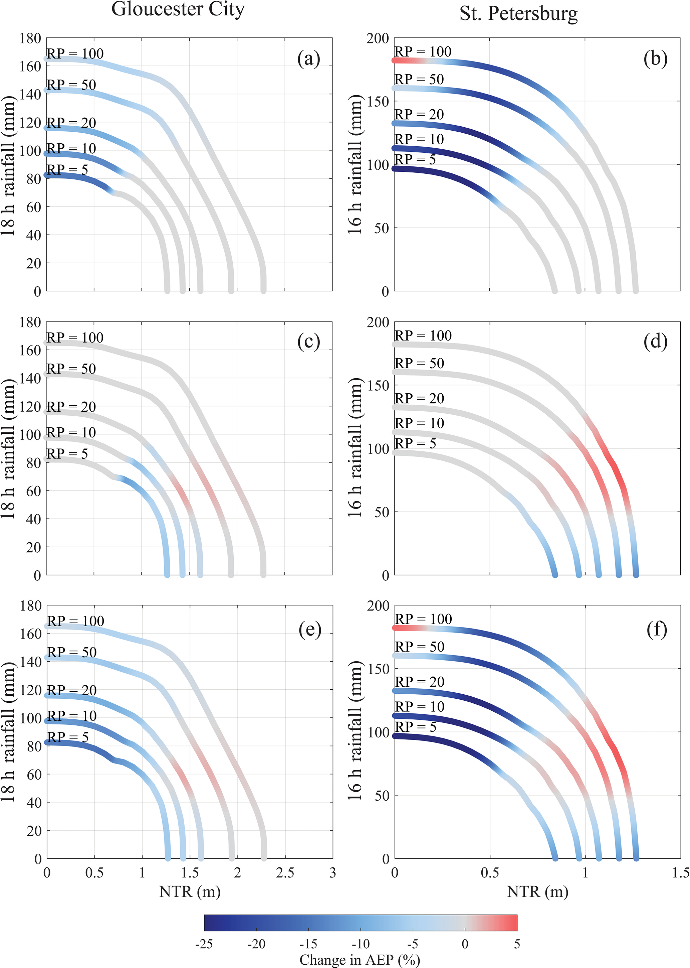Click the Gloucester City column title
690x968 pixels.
pyautogui.click(x=178, y=9)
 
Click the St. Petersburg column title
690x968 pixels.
pyautogui.click(x=518, y=14)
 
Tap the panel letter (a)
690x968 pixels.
pyautogui.click(x=308, y=59)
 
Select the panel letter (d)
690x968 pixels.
pyautogui.click(x=655, y=342)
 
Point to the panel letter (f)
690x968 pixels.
pyautogui.click(x=656, y=630)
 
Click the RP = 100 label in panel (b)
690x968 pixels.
pyautogui.click(x=423, y=52)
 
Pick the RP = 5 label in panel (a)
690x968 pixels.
pyautogui.click(x=67, y=170)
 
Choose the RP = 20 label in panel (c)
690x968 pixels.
pyautogui.click(x=71, y=407)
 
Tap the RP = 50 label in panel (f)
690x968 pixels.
pyautogui.click(x=419, y=647)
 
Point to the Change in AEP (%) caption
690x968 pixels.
pyautogui.click(x=360, y=960)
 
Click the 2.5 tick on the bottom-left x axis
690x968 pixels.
pyautogui.click(x=285, y=873)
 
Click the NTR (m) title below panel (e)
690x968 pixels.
pyautogui.click(x=190, y=891)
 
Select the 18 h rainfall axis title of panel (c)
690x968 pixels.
pyautogui.click(x=8, y=448)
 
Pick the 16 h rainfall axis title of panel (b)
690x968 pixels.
pyautogui.click(x=355, y=165)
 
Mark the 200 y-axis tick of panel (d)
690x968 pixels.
pyautogui.click(x=378, y=322)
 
